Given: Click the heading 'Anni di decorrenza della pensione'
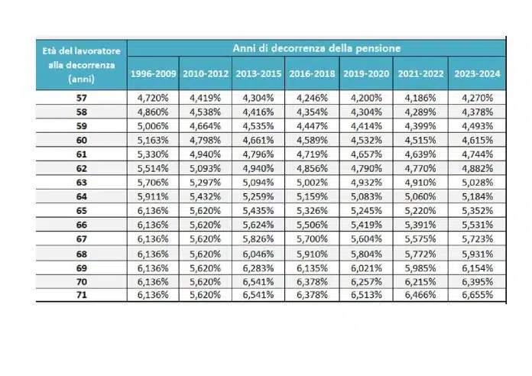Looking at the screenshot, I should tap(316, 48).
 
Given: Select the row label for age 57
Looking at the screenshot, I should tap(81, 98).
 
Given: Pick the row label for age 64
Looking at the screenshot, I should tap(81, 197).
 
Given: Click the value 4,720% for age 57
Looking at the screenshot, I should tap(153, 98).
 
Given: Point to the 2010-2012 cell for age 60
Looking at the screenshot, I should tap(206, 141).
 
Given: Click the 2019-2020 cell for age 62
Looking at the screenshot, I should tap(366, 169).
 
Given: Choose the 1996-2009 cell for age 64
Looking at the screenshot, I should tap(153, 197).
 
